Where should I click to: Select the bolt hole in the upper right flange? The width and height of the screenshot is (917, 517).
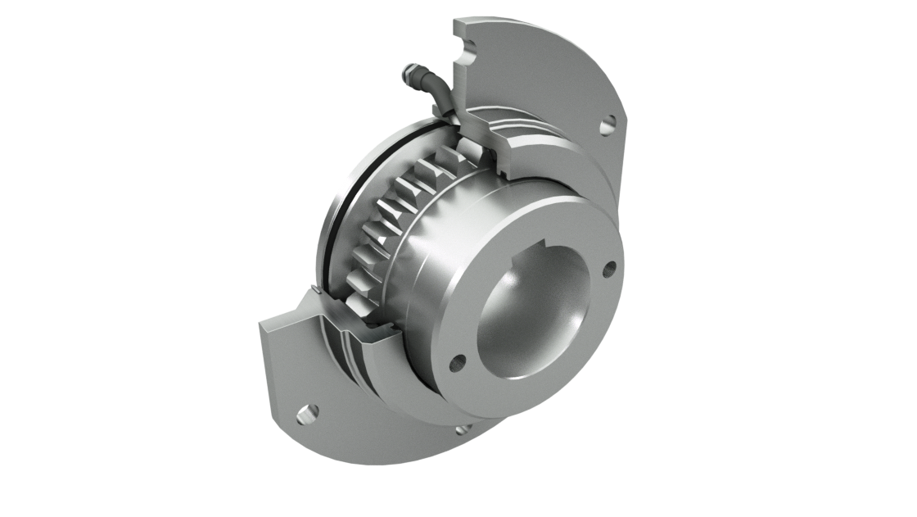(607, 126)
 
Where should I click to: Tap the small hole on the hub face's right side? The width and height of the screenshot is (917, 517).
(608, 269)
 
